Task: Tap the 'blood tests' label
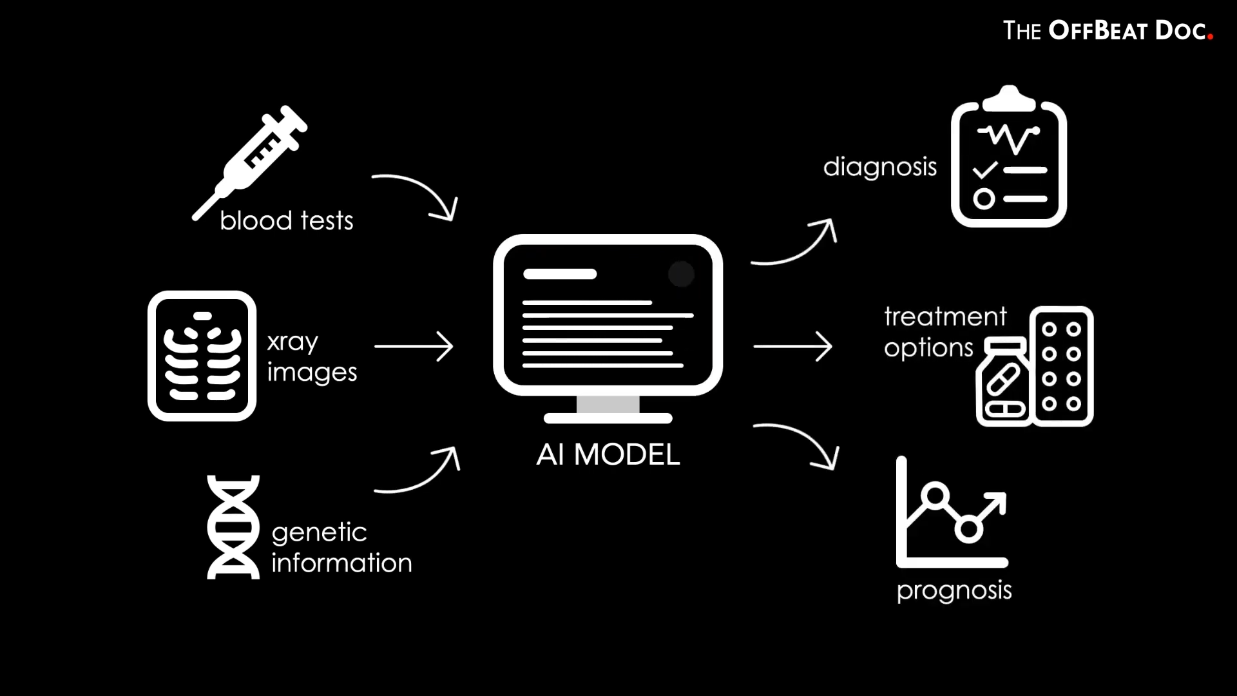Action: pos(286,221)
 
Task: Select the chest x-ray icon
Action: pos(202,356)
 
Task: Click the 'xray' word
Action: pos(292,342)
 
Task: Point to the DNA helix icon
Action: pos(233,527)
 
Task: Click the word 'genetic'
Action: pos(319,533)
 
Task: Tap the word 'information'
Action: pos(341,563)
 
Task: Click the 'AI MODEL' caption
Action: pos(608,455)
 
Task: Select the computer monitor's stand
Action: pos(608,410)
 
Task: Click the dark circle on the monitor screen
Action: pos(681,274)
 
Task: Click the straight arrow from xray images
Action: pos(414,347)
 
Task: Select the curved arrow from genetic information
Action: pos(419,474)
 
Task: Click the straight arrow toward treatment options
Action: pos(792,347)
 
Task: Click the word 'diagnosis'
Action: pos(879,168)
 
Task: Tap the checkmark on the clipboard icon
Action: pos(984,170)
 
